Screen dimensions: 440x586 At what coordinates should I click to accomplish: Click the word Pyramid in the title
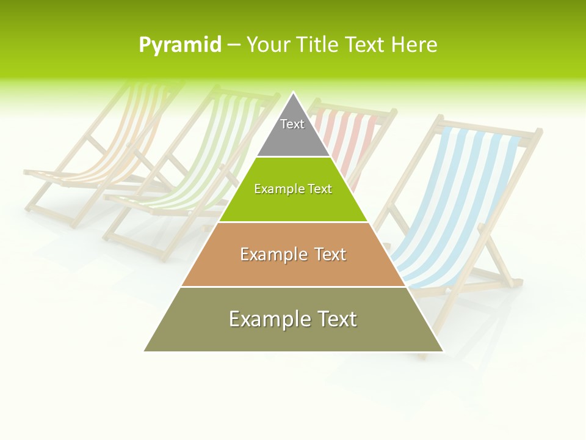tap(180, 45)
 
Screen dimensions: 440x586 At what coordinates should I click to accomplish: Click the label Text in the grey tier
tap(292, 124)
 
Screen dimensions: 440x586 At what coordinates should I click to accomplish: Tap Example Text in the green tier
tap(293, 189)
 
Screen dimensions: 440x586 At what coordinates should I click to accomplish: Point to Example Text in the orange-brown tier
tap(293, 254)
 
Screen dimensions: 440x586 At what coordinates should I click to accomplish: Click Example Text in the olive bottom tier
tap(293, 319)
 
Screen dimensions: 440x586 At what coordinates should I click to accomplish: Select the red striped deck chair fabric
tap(354, 141)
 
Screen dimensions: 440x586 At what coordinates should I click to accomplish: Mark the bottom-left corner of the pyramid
tap(145, 351)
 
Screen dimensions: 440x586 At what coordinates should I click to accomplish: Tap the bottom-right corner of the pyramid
tap(443, 351)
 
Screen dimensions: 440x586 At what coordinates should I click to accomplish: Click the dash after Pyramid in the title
tap(233, 45)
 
